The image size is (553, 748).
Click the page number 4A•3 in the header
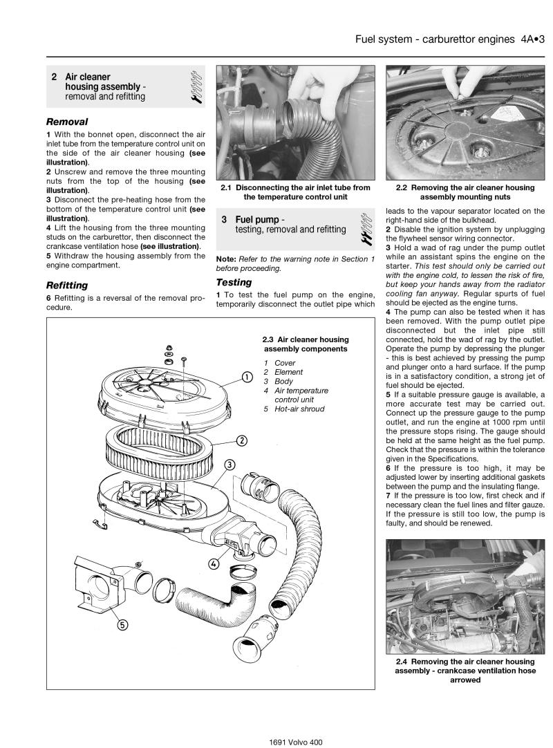pos(532,39)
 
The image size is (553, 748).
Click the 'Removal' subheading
pos(67,122)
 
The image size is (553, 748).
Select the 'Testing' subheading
pos(234,282)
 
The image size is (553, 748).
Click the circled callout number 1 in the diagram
pos(246,377)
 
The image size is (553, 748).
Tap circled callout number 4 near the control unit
pos(214,563)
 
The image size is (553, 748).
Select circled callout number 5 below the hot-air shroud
pos(122,625)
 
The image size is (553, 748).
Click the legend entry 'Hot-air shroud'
pos(299,409)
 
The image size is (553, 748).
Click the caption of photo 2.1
pos(295,192)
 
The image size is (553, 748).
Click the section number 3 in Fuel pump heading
pos(225,219)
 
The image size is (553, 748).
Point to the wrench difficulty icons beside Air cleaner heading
pos(194,87)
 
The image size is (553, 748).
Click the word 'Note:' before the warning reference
pos(227,259)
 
